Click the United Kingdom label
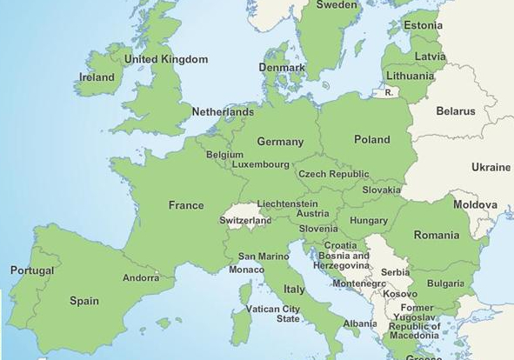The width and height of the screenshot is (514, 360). tap(166, 59)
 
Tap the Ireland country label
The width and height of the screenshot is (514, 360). tap(97, 77)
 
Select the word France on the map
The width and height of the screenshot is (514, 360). tap(185, 206)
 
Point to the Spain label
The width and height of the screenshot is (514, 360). tap(84, 302)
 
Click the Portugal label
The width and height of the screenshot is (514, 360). tap(32, 270)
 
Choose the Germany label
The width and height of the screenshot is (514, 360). tap(280, 142)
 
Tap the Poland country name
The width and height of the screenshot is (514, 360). tap(372, 139)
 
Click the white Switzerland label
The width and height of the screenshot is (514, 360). tap(246, 221)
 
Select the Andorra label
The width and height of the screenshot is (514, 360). tap(141, 278)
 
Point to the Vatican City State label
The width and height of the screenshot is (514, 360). tap(273, 314)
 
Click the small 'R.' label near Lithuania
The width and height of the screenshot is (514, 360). tap(389, 91)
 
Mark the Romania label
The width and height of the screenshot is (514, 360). tap(436, 235)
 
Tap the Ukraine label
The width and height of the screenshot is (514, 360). tap(491, 167)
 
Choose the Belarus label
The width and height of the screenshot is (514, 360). tap(456, 111)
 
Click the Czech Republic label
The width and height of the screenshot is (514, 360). tap(333, 174)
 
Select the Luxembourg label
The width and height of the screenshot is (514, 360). tap(260, 164)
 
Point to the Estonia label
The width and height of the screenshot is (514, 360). tap(424, 25)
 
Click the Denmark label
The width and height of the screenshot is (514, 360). tap(282, 68)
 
